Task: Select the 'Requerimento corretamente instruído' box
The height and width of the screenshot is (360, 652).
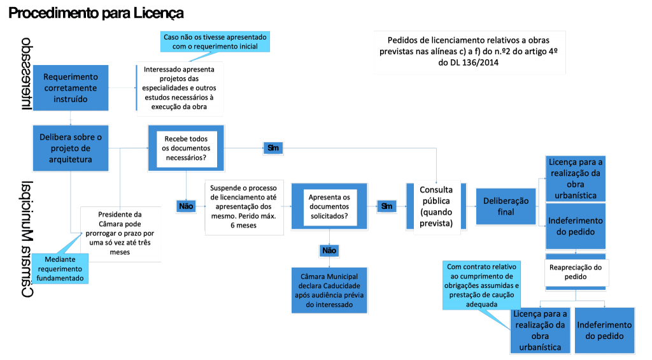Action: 70,88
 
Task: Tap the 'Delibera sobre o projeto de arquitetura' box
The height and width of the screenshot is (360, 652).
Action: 70,148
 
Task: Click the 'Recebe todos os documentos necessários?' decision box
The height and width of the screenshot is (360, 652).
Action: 185,148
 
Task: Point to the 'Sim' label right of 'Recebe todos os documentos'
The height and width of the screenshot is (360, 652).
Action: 273,148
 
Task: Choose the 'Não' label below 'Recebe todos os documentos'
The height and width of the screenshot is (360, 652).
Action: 186,206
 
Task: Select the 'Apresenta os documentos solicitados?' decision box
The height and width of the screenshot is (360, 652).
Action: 329,206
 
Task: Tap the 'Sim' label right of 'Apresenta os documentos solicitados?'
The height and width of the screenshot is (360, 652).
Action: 386,206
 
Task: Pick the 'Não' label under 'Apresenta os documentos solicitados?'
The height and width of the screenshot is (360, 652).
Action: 329,250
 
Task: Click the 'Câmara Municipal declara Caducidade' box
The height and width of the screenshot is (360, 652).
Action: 329,290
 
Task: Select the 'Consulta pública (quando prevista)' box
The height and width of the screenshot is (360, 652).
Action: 436,206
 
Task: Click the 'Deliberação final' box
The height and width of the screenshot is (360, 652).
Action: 506,206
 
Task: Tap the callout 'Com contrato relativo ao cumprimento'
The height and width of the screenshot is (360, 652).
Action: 481,284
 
